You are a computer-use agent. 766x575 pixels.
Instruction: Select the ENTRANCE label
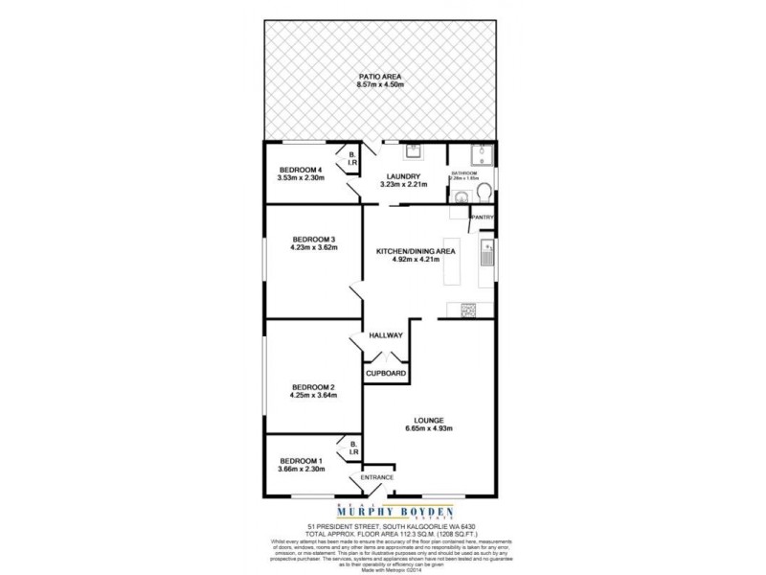tap(376, 476)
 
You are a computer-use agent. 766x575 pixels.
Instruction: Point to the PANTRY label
tap(482, 218)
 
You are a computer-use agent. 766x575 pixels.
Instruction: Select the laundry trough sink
tap(413, 152)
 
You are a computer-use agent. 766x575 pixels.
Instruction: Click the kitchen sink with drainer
tap(486, 253)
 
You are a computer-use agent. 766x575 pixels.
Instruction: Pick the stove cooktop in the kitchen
tap(469, 309)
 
